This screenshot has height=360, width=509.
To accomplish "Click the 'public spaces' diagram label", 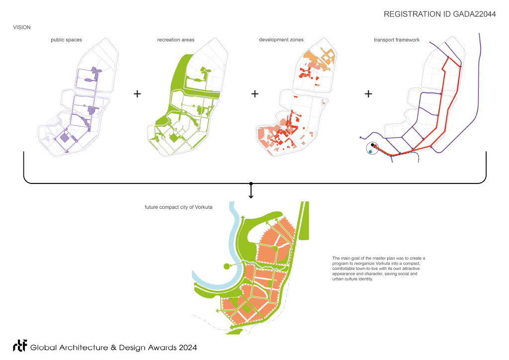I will [x=66, y=40].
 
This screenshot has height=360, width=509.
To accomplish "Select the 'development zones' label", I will [x=281, y=40].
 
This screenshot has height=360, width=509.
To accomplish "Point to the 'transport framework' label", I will [x=397, y=40].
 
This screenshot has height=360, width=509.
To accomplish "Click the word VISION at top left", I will [x=22, y=27].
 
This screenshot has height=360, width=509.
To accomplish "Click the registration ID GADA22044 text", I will [x=440, y=14].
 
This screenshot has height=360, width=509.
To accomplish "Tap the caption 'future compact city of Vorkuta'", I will [x=176, y=207].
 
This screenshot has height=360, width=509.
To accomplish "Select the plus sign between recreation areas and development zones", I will [x=255, y=94].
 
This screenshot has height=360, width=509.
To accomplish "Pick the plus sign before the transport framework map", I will [x=368, y=94].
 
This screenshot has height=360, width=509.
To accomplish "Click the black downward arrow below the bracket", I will [x=251, y=191].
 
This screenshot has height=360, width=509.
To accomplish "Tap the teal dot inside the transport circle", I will [x=370, y=152].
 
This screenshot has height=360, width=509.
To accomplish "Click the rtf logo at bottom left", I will [x=20, y=347].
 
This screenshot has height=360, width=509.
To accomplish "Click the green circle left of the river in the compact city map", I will [x=226, y=267].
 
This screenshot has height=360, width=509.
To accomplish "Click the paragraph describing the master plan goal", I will [x=379, y=269].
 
